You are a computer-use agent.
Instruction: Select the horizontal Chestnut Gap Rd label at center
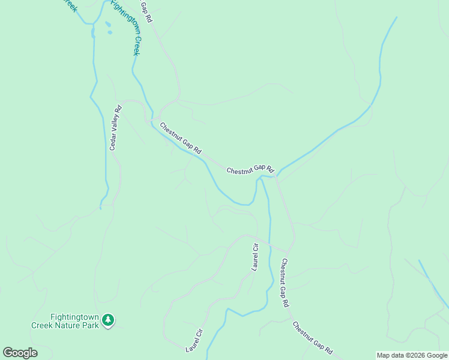250,170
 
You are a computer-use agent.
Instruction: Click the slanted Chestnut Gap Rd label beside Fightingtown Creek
180,137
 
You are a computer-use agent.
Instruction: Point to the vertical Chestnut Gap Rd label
285,283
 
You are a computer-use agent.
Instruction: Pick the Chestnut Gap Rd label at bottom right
313,337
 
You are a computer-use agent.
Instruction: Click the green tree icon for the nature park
107,320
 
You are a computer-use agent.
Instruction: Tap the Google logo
20,353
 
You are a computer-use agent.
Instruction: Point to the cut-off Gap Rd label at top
146,12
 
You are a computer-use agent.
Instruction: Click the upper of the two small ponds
107,25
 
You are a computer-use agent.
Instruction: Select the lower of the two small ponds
109,32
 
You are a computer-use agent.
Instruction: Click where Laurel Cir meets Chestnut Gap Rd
289,251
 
